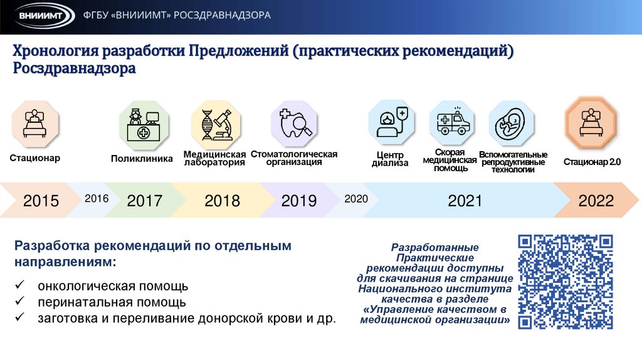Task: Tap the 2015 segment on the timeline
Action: [41, 201]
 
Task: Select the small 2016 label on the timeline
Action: [97, 199]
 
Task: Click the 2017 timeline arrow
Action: [144, 201]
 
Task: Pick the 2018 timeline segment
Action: [222, 201]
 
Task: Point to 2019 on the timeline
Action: [299, 201]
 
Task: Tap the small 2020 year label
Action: [355, 199]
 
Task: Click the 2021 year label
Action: [465, 201]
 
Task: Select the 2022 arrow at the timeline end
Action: [596, 201]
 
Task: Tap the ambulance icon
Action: [453, 120]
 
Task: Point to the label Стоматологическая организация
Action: [294, 158]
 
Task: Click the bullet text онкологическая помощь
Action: [113, 287]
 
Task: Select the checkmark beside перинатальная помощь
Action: [20, 302]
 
